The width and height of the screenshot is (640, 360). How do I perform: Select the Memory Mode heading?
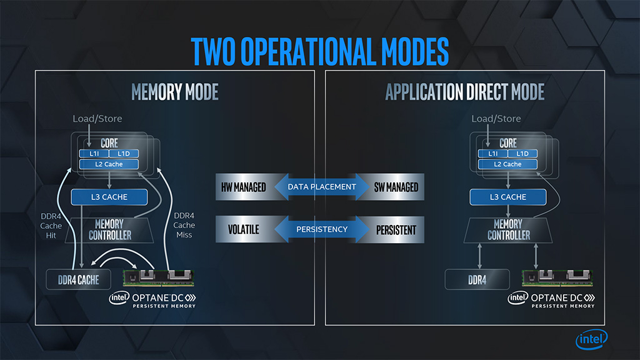174,92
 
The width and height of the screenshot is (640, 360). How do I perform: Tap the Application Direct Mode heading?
464,92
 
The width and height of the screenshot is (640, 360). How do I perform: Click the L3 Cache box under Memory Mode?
109,197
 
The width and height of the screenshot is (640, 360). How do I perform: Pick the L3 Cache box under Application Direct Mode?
508,197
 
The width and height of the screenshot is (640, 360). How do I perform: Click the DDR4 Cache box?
78,279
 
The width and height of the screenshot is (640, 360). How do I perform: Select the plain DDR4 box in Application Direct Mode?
477,279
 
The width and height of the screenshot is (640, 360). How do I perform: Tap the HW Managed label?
243,187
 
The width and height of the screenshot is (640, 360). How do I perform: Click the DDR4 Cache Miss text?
184,225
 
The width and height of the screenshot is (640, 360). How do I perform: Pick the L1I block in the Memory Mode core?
93,154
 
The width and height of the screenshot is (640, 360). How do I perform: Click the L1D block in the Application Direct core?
522,154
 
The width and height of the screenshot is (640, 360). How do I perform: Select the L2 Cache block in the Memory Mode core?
109,164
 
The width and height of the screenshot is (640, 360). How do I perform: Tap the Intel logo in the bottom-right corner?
591,339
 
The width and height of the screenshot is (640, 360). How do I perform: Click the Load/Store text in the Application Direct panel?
496,119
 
